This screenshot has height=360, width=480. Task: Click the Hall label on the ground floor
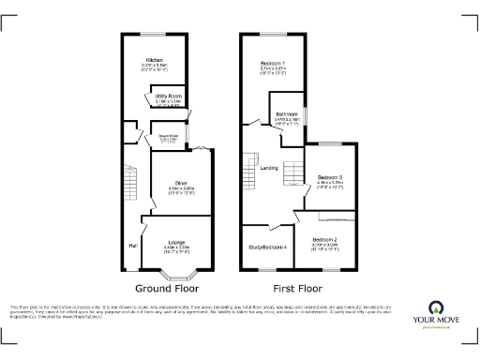tap(131, 247)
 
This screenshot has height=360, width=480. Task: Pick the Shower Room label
tap(169, 137)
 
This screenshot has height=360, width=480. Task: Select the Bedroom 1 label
tap(275, 63)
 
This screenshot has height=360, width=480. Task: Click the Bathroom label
tap(287, 114)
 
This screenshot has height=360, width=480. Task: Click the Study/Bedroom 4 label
tap(267, 247)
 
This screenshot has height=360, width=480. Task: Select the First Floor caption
tap(296, 289)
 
